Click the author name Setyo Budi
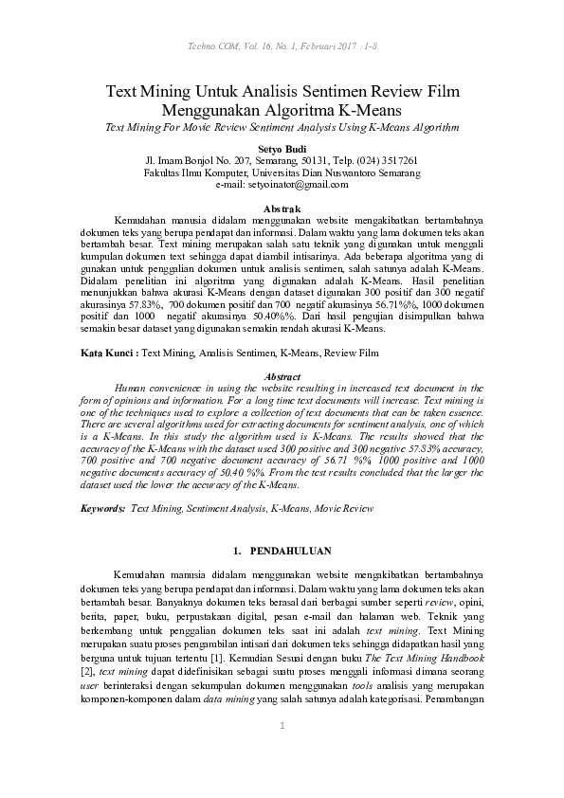[x=282, y=148]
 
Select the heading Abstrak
[x=282, y=208]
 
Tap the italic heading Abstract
[x=282, y=376]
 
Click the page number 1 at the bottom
[x=282, y=726]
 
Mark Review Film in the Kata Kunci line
[x=351, y=353]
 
